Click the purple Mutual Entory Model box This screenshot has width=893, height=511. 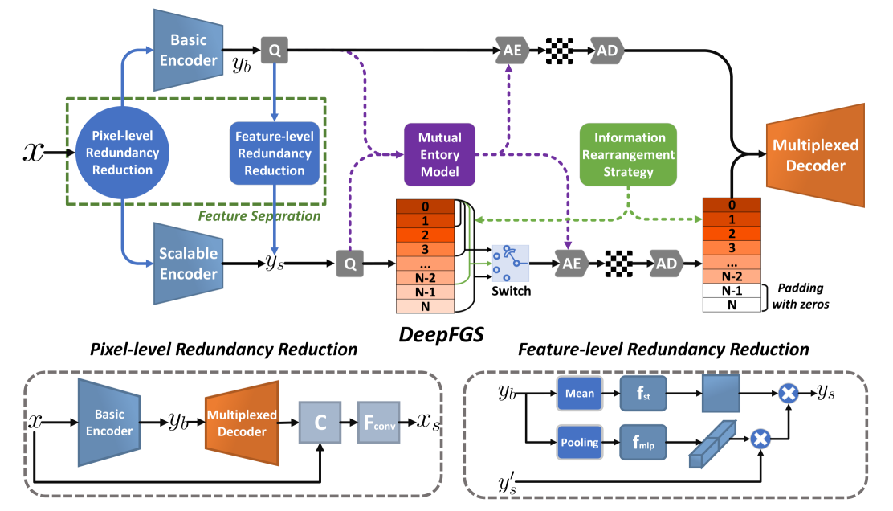point(440,153)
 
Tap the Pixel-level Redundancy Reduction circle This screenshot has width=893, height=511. point(122,153)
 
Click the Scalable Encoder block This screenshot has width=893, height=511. point(186,264)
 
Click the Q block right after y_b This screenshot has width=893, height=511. point(274,51)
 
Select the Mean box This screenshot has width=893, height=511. point(580,394)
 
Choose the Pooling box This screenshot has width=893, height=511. point(580,441)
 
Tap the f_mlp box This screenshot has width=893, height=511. point(642,441)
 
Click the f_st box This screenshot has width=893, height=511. point(642,394)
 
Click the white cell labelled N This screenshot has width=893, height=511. point(731,305)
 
